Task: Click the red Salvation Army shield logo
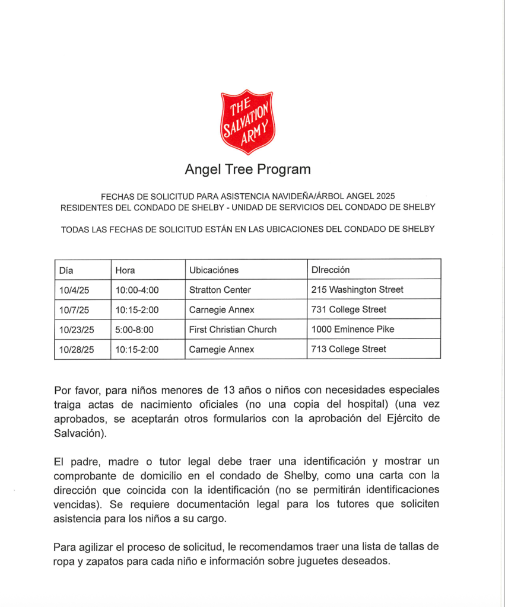pos(247,121)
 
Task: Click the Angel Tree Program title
pos(247,170)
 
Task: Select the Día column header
pos(66,270)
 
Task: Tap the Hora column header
pos(125,270)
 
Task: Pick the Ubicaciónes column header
pos(214,270)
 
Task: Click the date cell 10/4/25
pos(74,290)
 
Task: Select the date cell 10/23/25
pos(77,330)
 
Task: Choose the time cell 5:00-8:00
pos(135,330)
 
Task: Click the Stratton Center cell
pos(220,290)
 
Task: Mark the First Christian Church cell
pos(233,330)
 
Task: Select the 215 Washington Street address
pos(357,290)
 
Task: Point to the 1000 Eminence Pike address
pos(352,330)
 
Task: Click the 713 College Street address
pos(348,349)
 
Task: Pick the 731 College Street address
pos(348,309)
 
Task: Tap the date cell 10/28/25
pos(77,349)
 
